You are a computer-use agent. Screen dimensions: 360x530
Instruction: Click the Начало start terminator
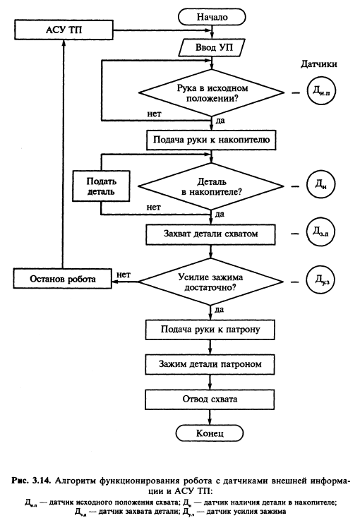[x=212, y=17]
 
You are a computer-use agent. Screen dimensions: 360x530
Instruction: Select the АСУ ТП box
[x=64, y=30]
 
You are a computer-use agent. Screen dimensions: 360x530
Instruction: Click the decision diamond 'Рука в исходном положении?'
[x=212, y=93]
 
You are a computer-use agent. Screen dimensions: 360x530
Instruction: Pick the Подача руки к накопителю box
[x=211, y=140]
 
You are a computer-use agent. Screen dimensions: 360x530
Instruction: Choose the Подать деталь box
[x=101, y=186]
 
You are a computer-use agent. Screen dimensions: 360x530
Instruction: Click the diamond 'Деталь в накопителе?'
[x=211, y=186]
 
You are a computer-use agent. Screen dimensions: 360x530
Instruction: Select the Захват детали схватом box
[x=210, y=234]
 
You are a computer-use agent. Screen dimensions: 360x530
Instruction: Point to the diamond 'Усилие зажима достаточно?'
[x=210, y=282]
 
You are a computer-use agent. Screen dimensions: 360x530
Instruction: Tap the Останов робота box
[x=63, y=279]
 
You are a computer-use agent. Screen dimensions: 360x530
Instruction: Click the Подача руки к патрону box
[x=210, y=330]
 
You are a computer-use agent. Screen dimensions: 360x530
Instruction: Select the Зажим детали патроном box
[x=210, y=364]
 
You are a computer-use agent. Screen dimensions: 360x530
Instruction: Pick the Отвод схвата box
[x=210, y=399]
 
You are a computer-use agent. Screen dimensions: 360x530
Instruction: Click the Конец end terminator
[x=210, y=433]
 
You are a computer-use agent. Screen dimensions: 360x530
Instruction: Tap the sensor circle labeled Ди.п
[x=321, y=92]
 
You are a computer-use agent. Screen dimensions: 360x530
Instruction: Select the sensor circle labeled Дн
[x=320, y=185]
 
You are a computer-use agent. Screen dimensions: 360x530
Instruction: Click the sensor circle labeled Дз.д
[x=320, y=232]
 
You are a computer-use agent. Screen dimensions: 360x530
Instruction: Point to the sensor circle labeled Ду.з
[x=320, y=281]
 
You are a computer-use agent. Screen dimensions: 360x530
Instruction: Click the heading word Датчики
[x=319, y=64]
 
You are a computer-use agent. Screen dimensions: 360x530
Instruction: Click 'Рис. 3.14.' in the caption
[x=31, y=481]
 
